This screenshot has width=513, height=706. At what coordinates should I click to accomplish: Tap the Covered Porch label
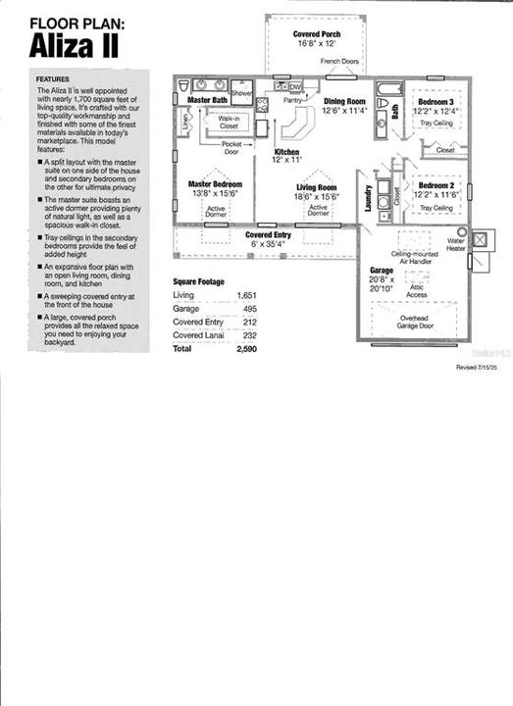pyautogui.click(x=316, y=34)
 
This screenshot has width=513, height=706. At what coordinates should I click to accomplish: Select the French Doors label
pyautogui.click(x=338, y=61)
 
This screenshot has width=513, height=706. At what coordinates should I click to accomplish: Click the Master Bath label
pyautogui.click(x=207, y=100)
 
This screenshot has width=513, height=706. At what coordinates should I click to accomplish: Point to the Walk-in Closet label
pyautogui.click(x=230, y=123)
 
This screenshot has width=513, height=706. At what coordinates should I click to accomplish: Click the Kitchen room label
pyautogui.click(x=286, y=152)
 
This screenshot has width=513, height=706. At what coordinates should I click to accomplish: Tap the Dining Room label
pyautogui.click(x=344, y=101)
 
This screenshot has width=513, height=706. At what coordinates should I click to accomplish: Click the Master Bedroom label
pyautogui.click(x=216, y=183)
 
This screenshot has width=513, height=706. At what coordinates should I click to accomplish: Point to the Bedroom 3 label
pyautogui.click(x=435, y=102)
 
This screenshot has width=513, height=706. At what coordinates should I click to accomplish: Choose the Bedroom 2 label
pyautogui.click(x=436, y=185)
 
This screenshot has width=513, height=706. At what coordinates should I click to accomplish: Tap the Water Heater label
pyautogui.click(x=456, y=243)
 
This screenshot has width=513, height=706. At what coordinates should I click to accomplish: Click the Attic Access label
pyautogui.click(x=417, y=291)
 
